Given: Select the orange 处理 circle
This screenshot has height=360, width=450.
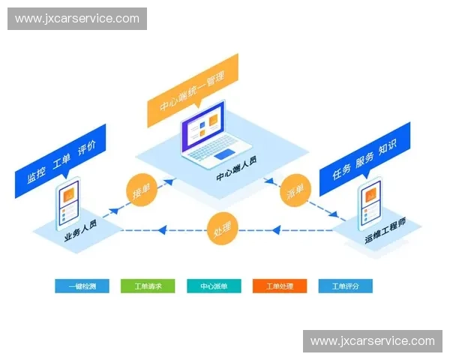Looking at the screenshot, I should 223,228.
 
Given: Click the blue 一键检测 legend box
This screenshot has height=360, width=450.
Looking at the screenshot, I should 82,286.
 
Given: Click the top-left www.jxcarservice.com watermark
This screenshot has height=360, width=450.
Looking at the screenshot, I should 77,19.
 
